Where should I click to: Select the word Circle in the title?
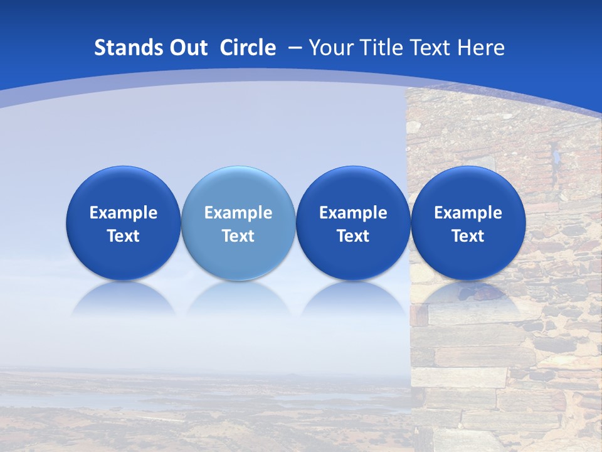coord(248,48)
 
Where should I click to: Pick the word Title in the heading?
coord(382,48)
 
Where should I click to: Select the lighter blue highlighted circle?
coord(238,223)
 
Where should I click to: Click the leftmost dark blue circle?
coord(123,223)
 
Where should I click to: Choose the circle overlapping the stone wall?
coord(468,223)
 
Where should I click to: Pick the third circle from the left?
coord(353,223)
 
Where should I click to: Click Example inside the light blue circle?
coord(238,213)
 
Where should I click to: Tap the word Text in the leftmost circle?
coord(123,236)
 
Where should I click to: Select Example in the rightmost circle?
coord(468,213)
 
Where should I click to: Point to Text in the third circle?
coord(353,236)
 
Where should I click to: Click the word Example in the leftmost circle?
coord(123,213)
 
